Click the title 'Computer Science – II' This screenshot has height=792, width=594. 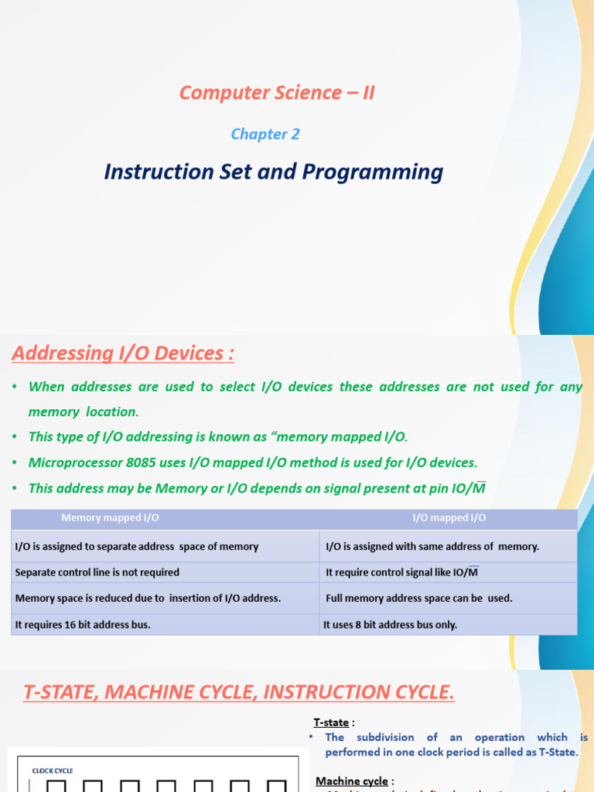coord(276,93)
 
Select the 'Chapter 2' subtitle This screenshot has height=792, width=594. coord(265,134)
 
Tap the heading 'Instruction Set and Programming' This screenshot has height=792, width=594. coord(273,172)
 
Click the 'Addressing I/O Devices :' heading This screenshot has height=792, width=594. coord(122,353)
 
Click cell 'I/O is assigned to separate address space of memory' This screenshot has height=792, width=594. coord(137,546)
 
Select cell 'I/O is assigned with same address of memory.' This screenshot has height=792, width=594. coord(432,546)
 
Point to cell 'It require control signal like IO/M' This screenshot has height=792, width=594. coord(402,572)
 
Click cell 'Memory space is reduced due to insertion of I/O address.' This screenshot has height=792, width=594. coord(148,598)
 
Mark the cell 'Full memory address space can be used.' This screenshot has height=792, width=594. coord(419,598)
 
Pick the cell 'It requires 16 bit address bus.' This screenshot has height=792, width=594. coord(83,624)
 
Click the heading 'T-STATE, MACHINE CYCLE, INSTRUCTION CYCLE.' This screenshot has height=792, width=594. coord(239,691)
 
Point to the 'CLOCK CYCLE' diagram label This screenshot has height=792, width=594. coord(53,770)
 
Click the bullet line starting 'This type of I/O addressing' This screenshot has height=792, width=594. coord(217,437)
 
